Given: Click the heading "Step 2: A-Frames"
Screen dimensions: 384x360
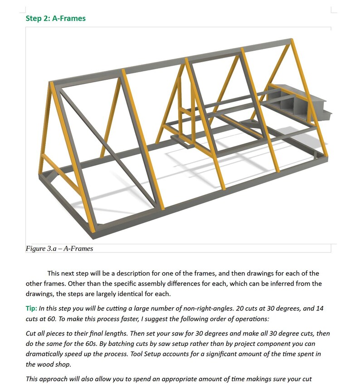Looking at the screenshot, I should tap(55, 19).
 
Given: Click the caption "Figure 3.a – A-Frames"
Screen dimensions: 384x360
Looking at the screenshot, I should tap(59, 248).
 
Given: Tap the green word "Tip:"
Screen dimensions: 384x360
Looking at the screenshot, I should tap(31, 308).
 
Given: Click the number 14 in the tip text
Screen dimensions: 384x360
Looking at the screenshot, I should tap(319, 308).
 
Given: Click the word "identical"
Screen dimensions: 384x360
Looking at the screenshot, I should tap(135, 294).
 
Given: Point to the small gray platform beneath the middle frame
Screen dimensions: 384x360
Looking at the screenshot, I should tap(187, 140).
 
